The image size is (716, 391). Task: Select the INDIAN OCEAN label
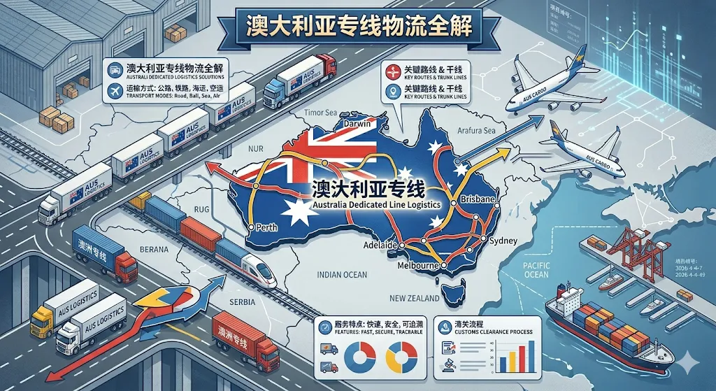point(340,275)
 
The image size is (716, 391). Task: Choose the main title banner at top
point(358,26)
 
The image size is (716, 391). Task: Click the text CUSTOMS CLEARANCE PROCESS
point(483,332)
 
